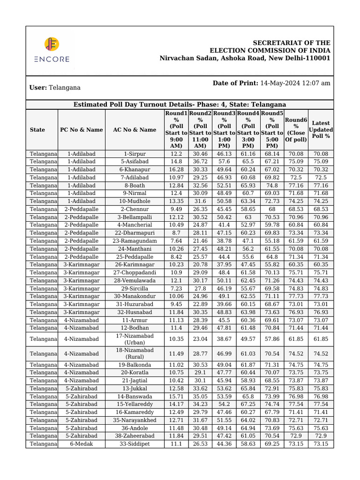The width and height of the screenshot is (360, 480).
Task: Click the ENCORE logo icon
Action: [x=52, y=45]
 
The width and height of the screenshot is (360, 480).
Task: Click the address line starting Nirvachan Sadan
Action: [x=245, y=58]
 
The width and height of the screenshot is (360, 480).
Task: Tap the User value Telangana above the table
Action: [x=65, y=88]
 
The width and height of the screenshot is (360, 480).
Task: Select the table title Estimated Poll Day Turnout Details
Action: [x=180, y=105]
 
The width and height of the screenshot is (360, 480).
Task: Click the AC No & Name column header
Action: [x=135, y=130]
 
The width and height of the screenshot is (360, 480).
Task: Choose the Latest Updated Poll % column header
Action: [x=321, y=130]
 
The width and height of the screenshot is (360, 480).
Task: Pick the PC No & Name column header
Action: [x=81, y=130]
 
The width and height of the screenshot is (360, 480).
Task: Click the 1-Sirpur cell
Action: [x=135, y=154]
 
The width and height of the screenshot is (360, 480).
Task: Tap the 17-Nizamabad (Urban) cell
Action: [x=135, y=339]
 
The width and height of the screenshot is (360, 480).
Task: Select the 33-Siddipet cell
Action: [x=135, y=444]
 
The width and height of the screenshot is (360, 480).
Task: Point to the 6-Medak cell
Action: [x=81, y=444]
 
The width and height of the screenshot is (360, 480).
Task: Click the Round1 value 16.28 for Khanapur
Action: [x=176, y=170]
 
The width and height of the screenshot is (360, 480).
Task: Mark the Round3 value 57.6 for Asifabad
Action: [x=225, y=162]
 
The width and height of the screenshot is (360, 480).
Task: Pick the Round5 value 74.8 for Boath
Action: [x=272, y=186]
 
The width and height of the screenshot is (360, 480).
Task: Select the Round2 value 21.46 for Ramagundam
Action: [x=200, y=241]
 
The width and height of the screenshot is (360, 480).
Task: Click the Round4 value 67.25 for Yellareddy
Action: [x=248, y=404]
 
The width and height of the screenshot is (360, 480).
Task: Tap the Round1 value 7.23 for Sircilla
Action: [x=176, y=289]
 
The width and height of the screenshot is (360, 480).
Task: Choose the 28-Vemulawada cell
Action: [x=135, y=281]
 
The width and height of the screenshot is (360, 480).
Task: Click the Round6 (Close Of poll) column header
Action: [x=296, y=130]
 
